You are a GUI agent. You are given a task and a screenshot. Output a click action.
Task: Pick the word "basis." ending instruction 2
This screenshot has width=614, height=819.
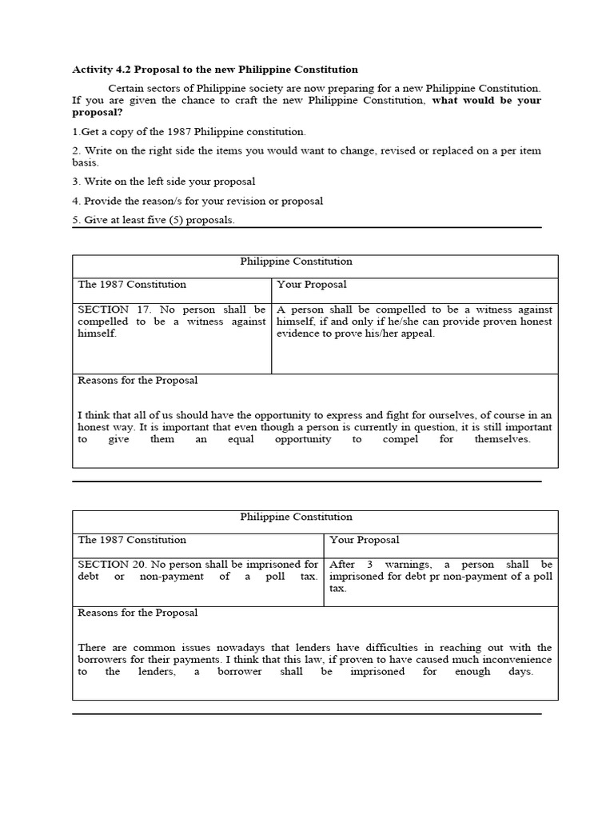point(86,162)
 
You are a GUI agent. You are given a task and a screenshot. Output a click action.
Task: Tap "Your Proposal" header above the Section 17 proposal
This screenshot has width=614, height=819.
point(312,284)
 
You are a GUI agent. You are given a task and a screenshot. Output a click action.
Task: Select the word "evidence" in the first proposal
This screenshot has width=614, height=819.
point(298,334)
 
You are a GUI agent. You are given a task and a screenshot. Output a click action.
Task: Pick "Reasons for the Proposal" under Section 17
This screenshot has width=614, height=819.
point(138,380)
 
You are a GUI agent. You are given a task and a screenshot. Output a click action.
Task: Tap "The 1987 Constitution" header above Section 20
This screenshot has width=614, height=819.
point(132,540)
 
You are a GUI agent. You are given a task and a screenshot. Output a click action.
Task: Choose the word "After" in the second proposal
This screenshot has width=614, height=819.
point(344,564)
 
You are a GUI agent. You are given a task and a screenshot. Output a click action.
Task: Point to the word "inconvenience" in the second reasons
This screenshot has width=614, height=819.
point(514,659)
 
